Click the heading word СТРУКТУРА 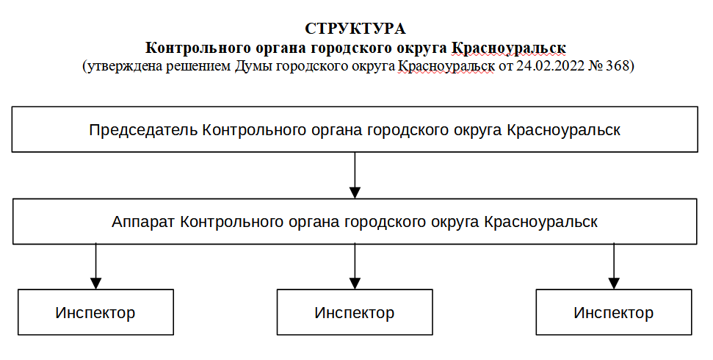pos(355,29)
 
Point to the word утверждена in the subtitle pos(123,66)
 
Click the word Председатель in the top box pos(143,130)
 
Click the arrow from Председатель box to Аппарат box pos(355,175)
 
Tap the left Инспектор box pos(95,312)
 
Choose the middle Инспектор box pos(355,312)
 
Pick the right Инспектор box pos(614,312)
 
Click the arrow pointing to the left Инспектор pos(95,266)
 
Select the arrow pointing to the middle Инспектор pos(355,266)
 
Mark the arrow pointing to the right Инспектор pos(614,266)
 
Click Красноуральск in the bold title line pos(509,48)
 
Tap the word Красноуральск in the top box pos(563,130)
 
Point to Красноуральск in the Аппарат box pos(540,222)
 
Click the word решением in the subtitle pos(198,66)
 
